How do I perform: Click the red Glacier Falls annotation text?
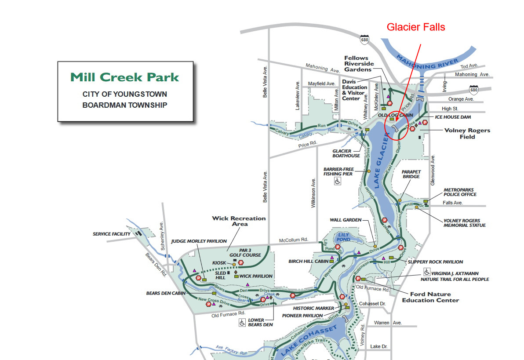coord(416,27)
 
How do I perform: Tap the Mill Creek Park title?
coord(125,77)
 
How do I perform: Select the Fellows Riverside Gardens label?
coord(359,64)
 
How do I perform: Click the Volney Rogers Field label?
coord(467,133)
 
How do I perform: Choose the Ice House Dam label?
coord(453,117)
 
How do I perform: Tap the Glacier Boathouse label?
coord(346,153)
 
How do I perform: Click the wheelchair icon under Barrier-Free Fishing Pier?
coord(338,181)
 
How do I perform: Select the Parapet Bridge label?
coord(411,174)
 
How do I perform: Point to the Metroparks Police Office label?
coord(460,192)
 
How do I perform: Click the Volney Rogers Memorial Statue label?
coord(465,223)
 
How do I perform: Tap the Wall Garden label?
coord(346,220)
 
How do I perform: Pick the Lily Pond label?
coord(344,237)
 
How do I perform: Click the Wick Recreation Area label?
coord(239,221)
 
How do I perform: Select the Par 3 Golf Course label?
coord(245,253)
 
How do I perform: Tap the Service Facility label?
coord(112,234)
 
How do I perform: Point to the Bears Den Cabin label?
coord(166,293)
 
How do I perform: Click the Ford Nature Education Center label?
coord(430,297)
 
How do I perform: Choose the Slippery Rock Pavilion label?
coord(435,262)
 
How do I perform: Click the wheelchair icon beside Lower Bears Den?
coord(242,323)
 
